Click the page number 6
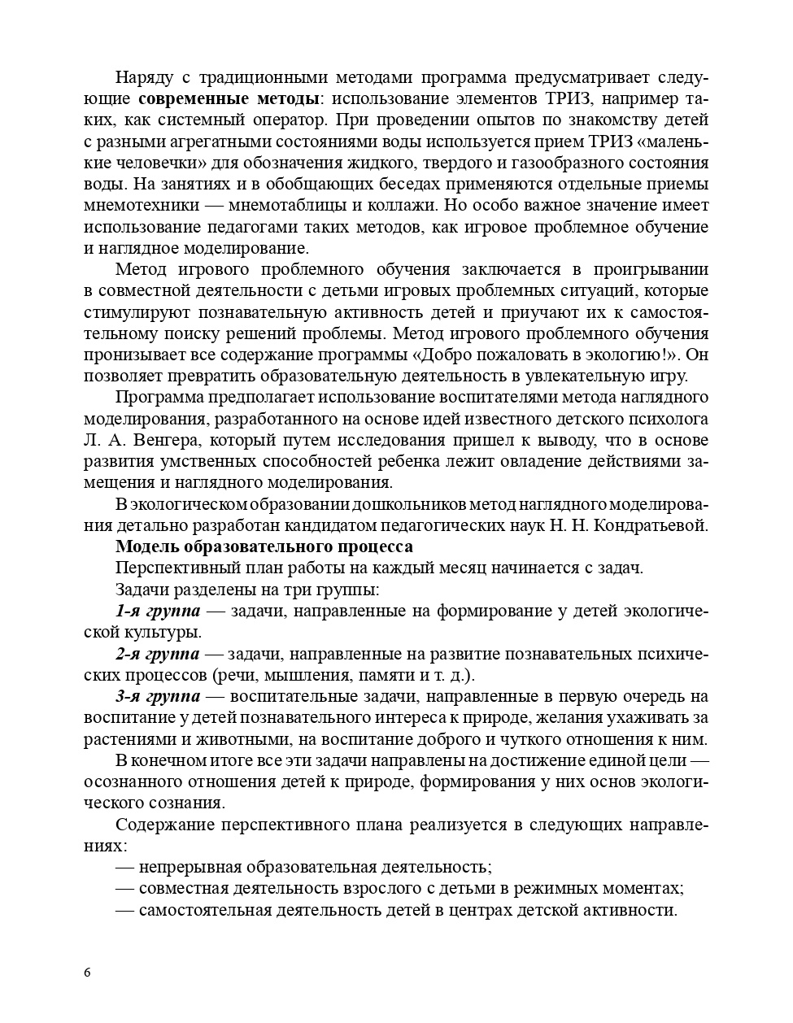tap(87, 973)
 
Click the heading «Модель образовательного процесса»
tap(264, 546)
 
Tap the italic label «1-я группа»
tap(157, 611)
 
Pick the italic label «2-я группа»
tap(157, 654)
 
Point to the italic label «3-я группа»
tap(157, 696)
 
